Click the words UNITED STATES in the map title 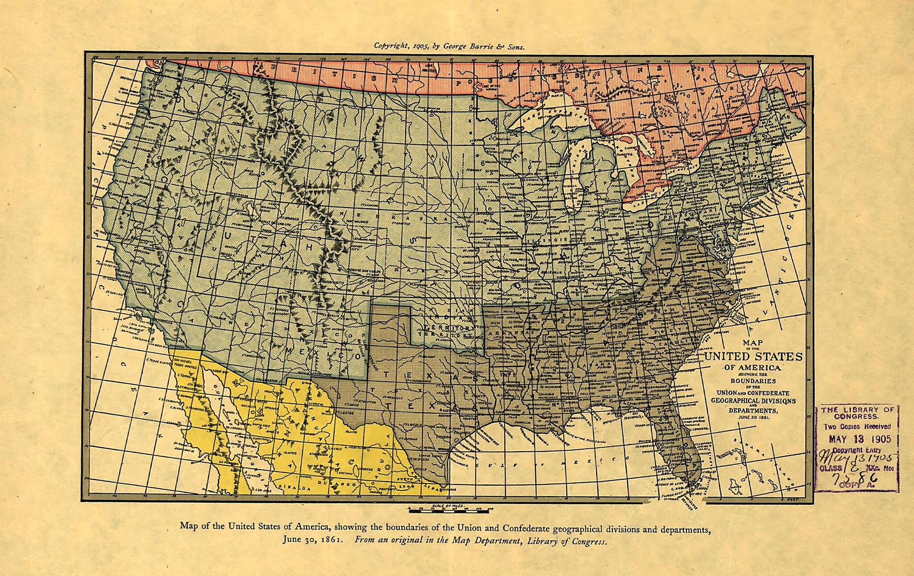(753, 357)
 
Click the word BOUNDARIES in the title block (753, 381)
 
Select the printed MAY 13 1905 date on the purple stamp (859, 439)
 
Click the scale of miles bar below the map (451, 509)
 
